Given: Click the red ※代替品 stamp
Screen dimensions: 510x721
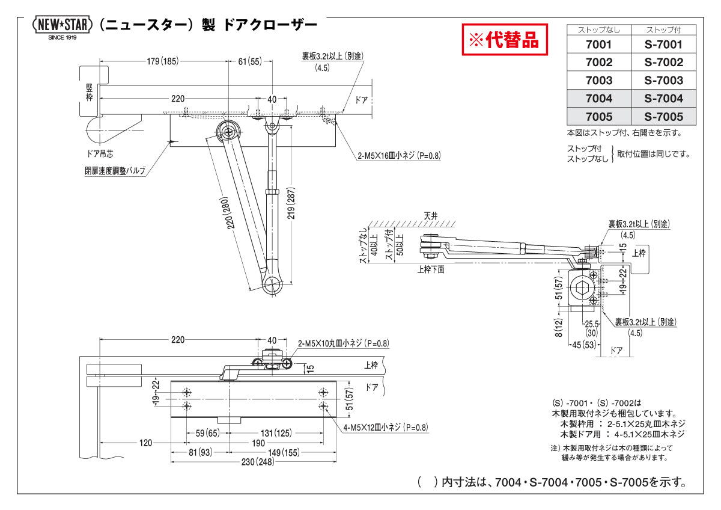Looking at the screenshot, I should tap(505, 40).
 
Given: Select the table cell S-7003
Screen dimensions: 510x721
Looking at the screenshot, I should tap(664, 80).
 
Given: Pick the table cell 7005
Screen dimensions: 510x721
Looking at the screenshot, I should tap(598, 116).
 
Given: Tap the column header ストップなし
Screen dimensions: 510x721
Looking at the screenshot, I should tap(598, 29).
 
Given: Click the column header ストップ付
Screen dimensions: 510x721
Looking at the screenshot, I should tap(664, 29).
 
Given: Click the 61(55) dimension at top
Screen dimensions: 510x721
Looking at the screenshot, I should tap(250, 61).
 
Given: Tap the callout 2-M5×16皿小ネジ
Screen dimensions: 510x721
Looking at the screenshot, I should tap(399, 155).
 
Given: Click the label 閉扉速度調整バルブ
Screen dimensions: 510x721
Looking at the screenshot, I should tap(115, 170).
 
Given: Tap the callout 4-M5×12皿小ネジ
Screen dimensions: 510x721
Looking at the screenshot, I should tap(386, 428).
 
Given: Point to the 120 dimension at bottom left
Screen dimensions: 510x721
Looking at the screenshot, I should tap(145, 443).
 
